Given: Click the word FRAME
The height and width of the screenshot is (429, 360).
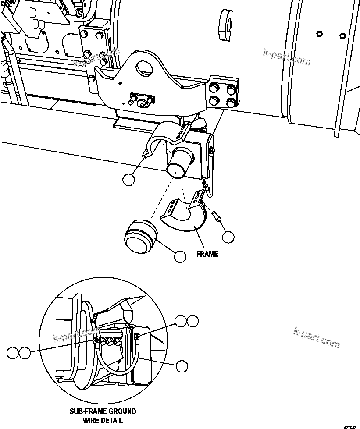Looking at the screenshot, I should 207,254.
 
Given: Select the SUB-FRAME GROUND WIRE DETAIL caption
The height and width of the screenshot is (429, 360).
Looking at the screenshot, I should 103,415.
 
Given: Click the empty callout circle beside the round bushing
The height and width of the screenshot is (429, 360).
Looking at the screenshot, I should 180,256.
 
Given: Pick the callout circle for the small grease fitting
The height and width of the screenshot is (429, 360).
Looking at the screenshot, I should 228,237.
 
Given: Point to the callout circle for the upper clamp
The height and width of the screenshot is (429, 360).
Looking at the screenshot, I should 128,180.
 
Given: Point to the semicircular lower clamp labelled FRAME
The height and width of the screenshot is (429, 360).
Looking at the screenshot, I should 186,219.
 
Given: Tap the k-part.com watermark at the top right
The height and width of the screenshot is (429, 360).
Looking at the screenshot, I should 287,57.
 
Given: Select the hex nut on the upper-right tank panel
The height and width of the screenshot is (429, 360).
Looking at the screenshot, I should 319,34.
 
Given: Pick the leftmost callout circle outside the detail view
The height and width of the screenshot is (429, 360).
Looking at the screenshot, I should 13,352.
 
